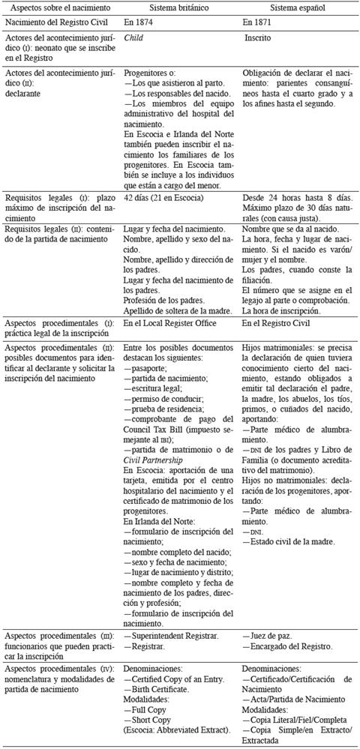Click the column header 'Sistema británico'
coord(173,7)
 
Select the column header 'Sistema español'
coord(298,7)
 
